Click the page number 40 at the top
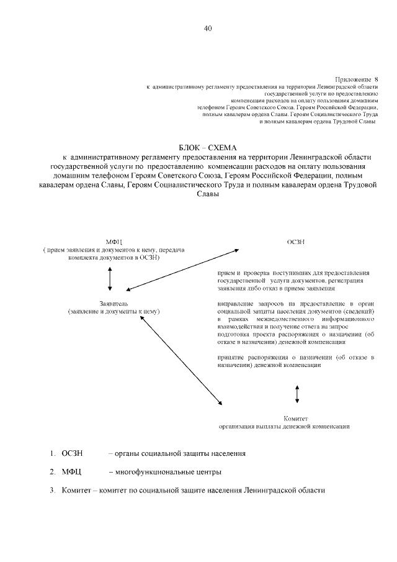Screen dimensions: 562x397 (x=207, y=29)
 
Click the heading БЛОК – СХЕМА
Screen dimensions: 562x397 (x=208, y=147)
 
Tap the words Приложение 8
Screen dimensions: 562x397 (x=356, y=79)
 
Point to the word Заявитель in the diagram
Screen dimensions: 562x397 (x=114, y=302)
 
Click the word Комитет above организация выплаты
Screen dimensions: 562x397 (x=296, y=418)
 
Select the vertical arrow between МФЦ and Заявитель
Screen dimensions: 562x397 (x=110, y=278)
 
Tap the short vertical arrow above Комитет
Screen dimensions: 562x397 (x=297, y=393)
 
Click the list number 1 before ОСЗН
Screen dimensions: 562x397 (x=53, y=453)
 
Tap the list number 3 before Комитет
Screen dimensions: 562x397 (x=53, y=491)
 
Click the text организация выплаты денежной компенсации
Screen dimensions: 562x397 (x=284, y=427)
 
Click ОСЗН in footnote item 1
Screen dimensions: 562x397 (x=73, y=453)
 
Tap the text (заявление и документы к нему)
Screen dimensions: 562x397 (x=114, y=310)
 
